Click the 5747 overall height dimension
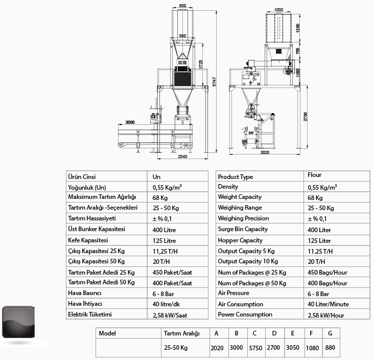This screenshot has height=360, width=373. tap(214, 81)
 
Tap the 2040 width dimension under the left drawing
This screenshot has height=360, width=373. tap(182, 156)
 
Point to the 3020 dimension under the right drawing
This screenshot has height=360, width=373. tap(265, 152)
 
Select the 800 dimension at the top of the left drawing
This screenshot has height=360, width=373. tap(182, 6)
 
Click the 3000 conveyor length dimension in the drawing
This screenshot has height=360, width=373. tap(130, 122)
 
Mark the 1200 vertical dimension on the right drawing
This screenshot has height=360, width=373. tap(298, 28)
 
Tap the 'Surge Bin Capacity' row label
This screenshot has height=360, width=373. tap(243, 229)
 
